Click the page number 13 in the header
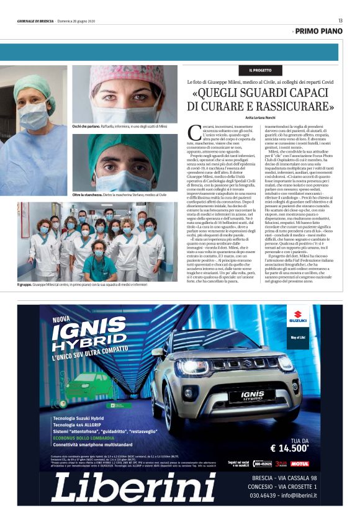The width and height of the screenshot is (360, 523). coord(340,20)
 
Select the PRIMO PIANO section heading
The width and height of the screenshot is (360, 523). coord(318,30)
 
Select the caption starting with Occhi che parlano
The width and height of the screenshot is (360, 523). coord(119,126)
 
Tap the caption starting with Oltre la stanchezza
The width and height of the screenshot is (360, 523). coord(119,194)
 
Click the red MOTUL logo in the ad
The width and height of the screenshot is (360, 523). coord(299,463)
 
